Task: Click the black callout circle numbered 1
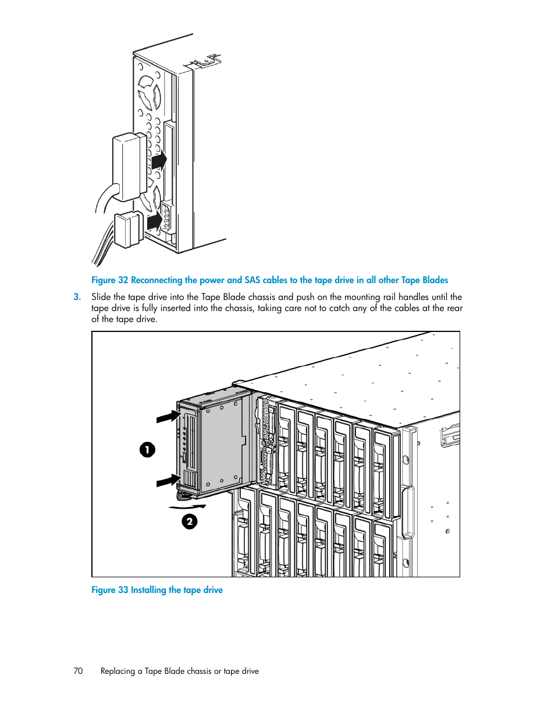coord(148,449)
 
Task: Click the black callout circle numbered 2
coord(190,521)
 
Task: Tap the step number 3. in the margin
coord(77,297)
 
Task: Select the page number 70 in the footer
coord(78,671)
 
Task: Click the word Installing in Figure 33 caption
coord(148,590)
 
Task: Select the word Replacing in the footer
coord(118,671)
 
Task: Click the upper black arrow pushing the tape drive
coord(169,417)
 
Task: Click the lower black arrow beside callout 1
coord(169,481)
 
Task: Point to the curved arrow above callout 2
coord(187,507)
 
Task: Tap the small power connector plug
coord(128,229)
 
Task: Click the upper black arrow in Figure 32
coord(159,160)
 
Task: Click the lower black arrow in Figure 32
coord(155,221)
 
